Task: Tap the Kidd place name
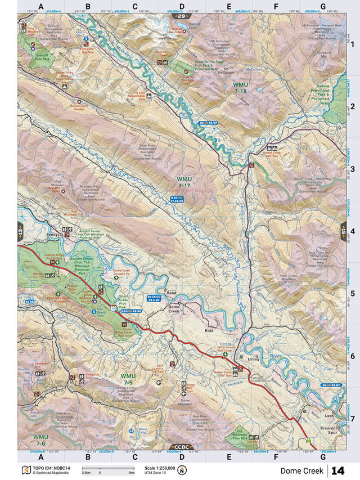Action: coord(210,331)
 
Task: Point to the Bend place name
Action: coord(172,293)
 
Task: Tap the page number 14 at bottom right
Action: coord(337,470)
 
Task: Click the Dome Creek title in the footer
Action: coord(302,470)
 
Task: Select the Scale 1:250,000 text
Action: coord(160,467)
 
